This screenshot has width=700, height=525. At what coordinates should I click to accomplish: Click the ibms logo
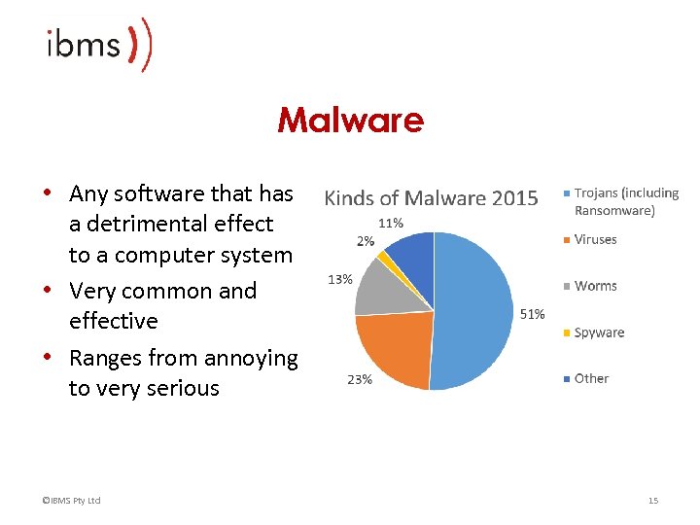pyautogui.click(x=97, y=46)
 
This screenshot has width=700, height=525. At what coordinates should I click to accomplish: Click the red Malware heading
pyautogui.click(x=350, y=121)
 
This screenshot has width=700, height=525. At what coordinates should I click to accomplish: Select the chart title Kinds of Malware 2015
pyautogui.click(x=430, y=198)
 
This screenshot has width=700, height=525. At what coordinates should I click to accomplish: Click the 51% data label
pyautogui.click(x=533, y=314)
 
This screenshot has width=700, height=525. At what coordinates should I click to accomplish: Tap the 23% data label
pyautogui.click(x=359, y=380)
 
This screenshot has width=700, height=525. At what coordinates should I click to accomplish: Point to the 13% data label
pyautogui.click(x=339, y=280)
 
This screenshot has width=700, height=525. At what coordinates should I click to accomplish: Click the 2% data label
pyautogui.click(x=366, y=240)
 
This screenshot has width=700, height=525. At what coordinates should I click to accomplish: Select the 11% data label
pyautogui.click(x=391, y=223)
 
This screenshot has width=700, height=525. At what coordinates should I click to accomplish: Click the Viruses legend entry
pyautogui.click(x=595, y=239)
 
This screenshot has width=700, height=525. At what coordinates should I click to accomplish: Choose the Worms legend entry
pyautogui.click(x=595, y=286)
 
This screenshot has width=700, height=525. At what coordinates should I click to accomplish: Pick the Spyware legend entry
pyautogui.click(x=599, y=332)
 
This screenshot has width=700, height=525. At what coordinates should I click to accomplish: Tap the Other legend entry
pyautogui.click(x=591, y=378)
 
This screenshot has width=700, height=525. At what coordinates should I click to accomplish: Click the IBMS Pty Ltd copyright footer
pyautogui.click(x=66, y=501)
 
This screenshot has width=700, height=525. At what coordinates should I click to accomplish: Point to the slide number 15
pyautogui.click(x=653, y=501)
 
